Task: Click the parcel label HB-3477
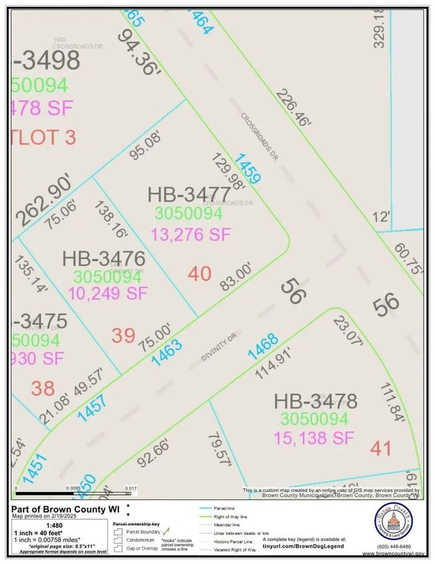tap(189, 195)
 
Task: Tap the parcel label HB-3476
tap(103, 258)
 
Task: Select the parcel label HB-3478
tap(315, 401)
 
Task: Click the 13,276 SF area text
tap(191, 234)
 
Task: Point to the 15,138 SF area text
tap(314, 437)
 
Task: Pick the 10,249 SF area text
tap(108, 293)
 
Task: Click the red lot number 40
tap(199, 274)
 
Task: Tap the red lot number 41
tap(380, 448)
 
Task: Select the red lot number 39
tap(123, 335)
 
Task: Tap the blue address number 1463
tap(167, 352)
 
